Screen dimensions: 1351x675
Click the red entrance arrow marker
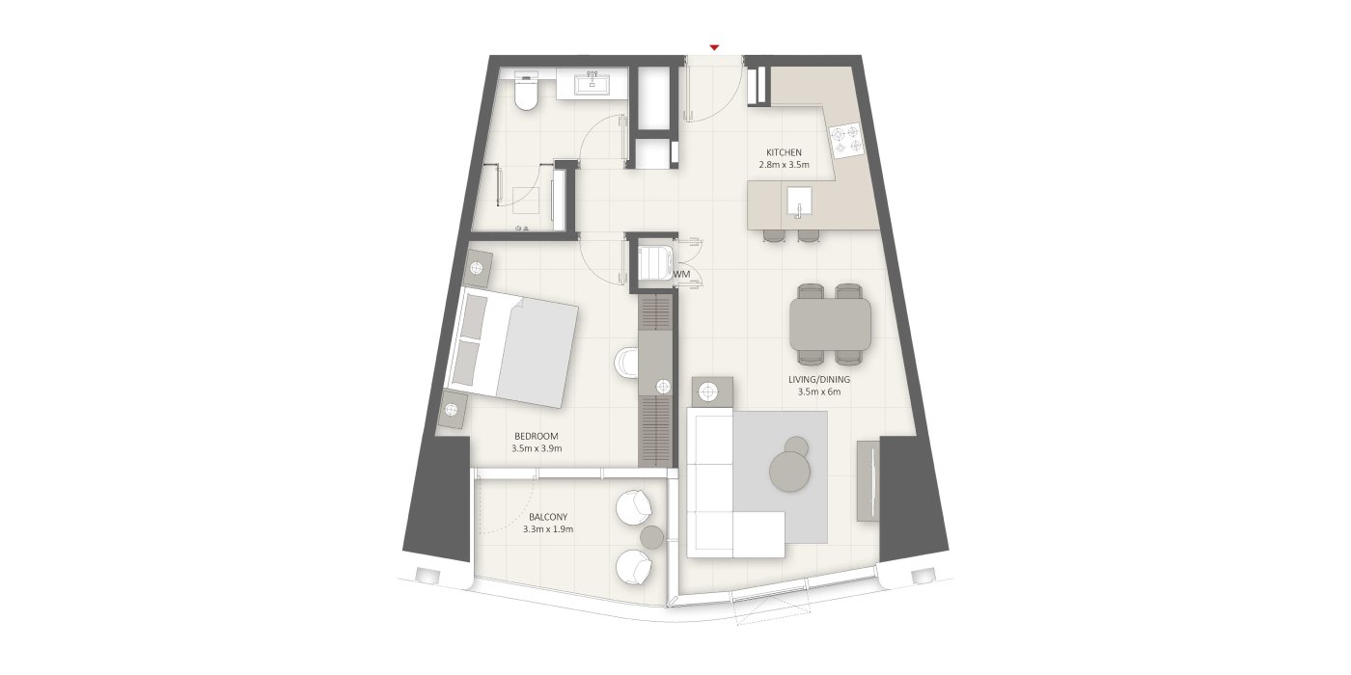(715, 47)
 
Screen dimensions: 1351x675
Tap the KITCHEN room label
(784, 152)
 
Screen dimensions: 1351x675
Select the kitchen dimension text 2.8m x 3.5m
(784, 165)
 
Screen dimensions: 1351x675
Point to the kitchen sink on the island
(799, 201)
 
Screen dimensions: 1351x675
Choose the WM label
(681, 274)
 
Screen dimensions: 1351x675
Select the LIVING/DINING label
(819, 380)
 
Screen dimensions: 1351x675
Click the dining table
(831, 325)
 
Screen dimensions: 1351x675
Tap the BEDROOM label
(537, 436)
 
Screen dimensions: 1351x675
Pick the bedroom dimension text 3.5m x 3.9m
(537, 448)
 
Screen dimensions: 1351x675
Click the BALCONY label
(548, 517)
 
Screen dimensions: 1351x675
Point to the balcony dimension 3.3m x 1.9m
(548, 529)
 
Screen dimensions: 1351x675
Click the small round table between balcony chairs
(652, 537)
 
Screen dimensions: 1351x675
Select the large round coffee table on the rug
(790, 472)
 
